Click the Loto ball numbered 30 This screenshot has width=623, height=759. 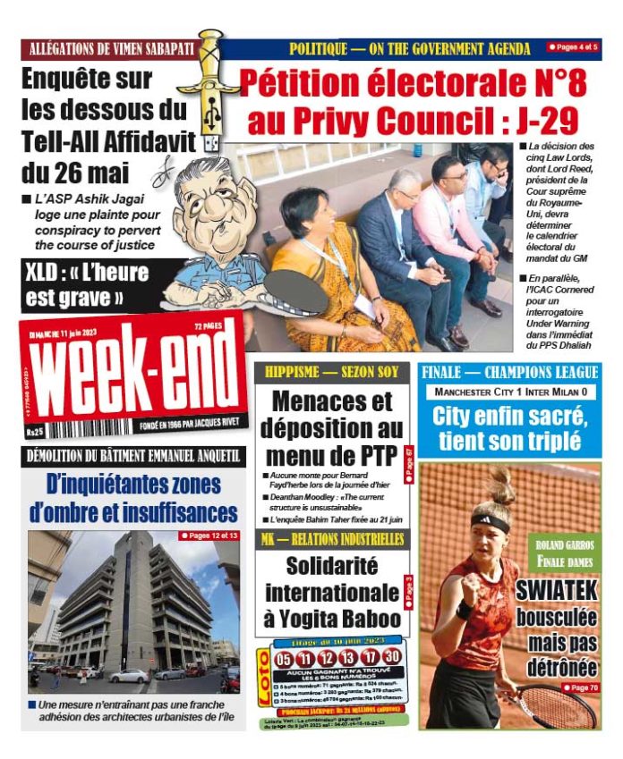(391, 659)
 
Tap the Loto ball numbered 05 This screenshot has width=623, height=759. (284, 659)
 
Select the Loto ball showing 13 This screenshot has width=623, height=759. (347, 659)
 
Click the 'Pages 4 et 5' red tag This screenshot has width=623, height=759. (573, 46)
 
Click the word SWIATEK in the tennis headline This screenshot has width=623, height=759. (556, 592)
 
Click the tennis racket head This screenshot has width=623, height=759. (559, 706)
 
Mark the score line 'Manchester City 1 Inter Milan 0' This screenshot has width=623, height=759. (510, 392)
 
